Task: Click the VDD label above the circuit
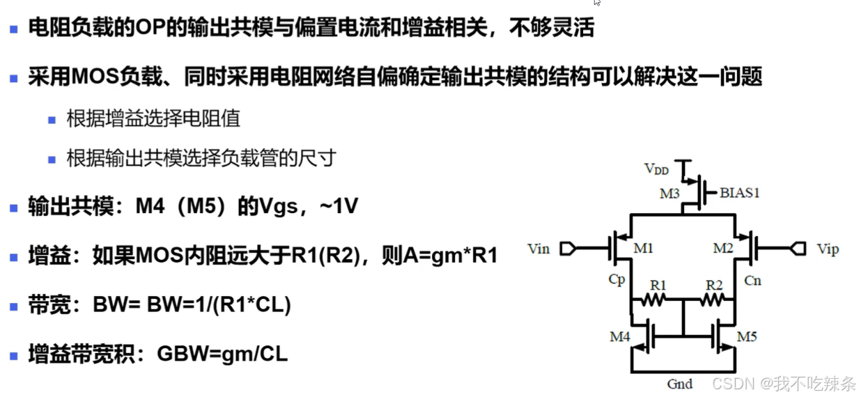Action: [656, 169]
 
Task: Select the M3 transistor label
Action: [670, 194]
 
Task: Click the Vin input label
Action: [539, 249]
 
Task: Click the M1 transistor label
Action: [644, 249]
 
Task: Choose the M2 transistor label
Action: [722, 249]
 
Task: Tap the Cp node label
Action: [617, 279]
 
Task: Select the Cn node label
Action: [752, 280]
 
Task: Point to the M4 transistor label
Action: [621, 337]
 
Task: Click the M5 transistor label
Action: [746, 337]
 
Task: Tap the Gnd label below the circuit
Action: [679, 384]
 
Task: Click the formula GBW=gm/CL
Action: [222, 354]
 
